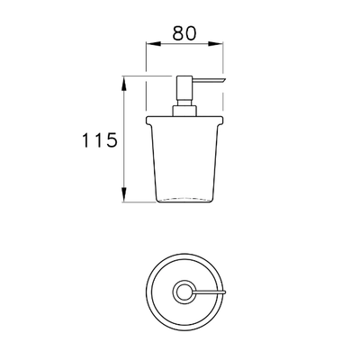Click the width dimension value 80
pos(184,33)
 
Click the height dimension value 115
pos(99,140)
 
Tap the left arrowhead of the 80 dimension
pos(153,44)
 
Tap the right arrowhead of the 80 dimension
pos(216,44)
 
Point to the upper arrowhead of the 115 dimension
pos(124,84)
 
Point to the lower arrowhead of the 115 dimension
pos(124,194)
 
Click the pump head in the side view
pos(184,90)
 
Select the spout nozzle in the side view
pos(209,79)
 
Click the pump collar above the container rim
pos(184,111)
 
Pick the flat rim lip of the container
pos(184,120)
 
